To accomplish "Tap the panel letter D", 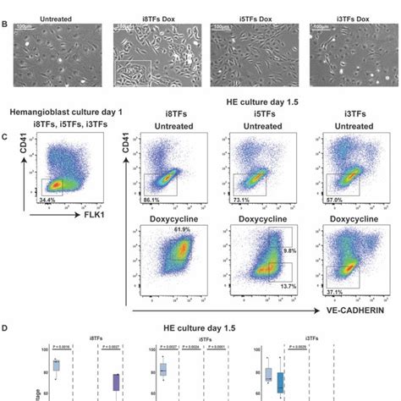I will point(6,324).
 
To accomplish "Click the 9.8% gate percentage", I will point(290,251).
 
